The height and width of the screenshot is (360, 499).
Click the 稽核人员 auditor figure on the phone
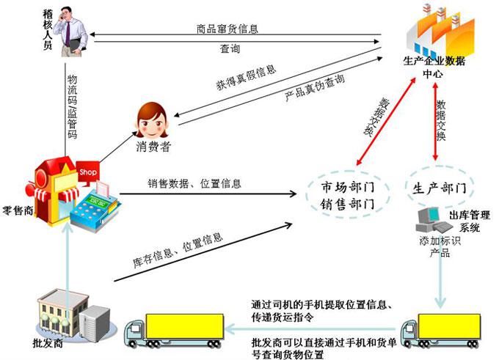click(70, 32)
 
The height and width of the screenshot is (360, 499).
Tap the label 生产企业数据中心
click(434, 67)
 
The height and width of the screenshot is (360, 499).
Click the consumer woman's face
click(152, 120)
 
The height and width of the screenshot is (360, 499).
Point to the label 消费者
click(153, 147)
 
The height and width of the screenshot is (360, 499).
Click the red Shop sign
click(88, 173)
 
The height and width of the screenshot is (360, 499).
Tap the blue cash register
click(94, 207)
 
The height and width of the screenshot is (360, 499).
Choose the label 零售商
click(18, 210)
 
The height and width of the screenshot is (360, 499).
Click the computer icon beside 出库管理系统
click(433, 220)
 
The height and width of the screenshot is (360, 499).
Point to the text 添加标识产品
click(440, 247)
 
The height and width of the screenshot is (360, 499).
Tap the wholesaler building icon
click(74, 315)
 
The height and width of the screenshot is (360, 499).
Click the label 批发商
click(48, 343)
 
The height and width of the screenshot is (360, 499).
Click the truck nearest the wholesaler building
click(174, 330)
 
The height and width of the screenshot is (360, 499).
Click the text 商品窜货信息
click(227, 29)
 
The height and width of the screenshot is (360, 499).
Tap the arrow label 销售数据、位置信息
click(194, 183)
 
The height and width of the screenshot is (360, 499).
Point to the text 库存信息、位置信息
click(178, 250)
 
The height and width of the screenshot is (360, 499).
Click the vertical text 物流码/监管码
click(73, 107)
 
